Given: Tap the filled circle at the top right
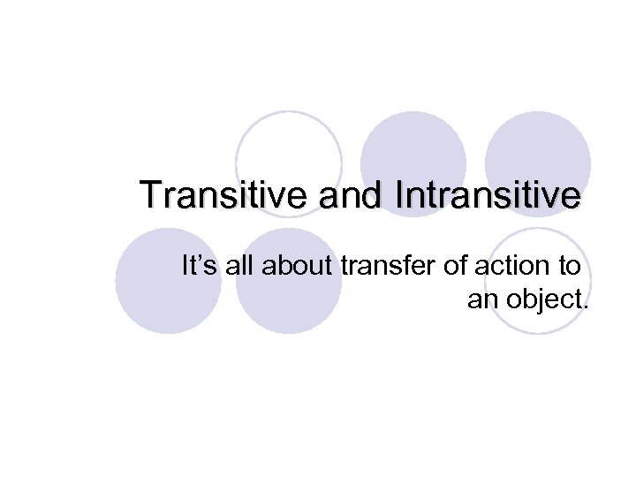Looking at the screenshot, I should point(537,159).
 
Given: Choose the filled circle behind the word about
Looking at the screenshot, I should point(289,281).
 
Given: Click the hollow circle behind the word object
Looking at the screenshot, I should point(538,281).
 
